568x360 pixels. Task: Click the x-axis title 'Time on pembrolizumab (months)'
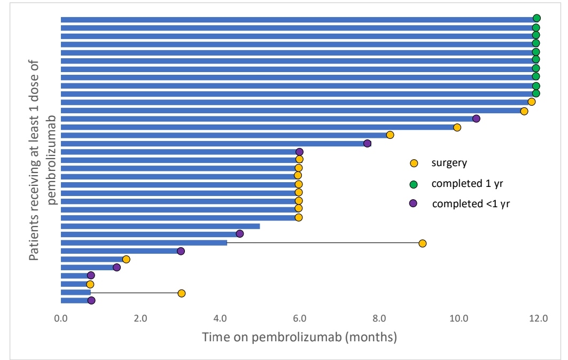[x=299, y=338]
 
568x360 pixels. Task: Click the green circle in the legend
[x=413, y=184]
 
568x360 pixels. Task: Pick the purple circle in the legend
[x=413, y=204]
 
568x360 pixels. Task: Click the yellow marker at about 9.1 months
[x=423, y=244]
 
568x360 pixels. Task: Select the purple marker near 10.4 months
[x=476, y=119]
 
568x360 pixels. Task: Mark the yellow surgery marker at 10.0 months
[x=457, y=127]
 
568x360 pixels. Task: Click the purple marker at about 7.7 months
[x=367, y=143]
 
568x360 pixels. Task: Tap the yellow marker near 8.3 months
[x=390, y=135]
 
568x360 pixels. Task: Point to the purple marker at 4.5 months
[x=240, y=233]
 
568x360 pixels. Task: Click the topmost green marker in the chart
[x=536, y=19]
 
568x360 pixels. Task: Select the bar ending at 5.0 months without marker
[x=160, y=226]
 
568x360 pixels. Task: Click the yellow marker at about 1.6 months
[x=126, y=259]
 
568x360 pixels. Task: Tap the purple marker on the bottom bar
[x=91, y=301]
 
